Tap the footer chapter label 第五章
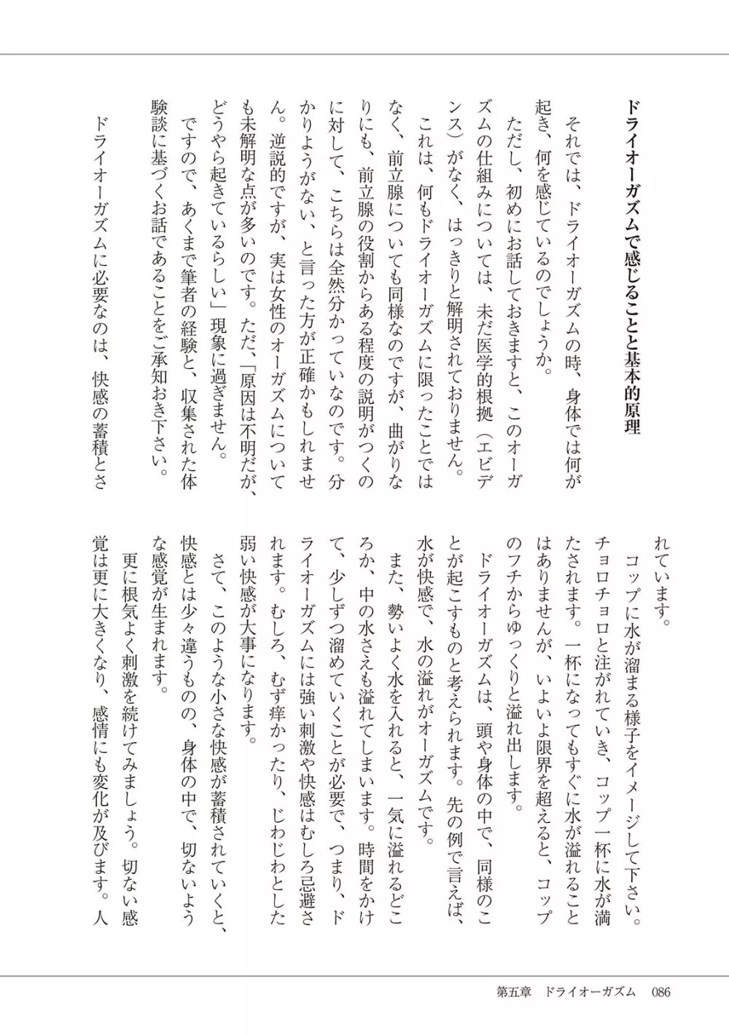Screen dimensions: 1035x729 (x=512, y=992)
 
